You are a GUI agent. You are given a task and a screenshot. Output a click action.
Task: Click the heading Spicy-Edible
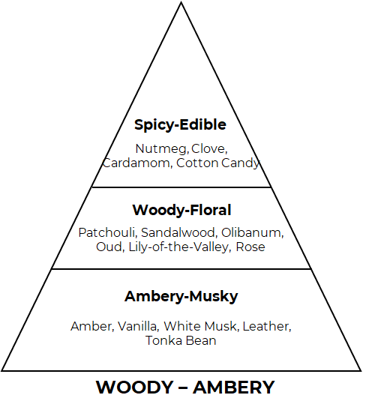click(x=180, y=125)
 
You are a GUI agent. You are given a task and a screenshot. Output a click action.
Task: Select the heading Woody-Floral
click(x=181, y=210)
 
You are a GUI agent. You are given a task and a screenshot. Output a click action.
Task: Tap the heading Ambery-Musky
click(x=181, y=297)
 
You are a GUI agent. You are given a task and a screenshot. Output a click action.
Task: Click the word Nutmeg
click(x=162, y=149)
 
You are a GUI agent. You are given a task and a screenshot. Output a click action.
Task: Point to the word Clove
click(x=209, y=148)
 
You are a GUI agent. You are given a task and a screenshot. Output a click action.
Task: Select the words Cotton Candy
click(x=218, y=163)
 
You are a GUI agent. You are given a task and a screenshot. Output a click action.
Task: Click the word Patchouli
click(x=107, y=232)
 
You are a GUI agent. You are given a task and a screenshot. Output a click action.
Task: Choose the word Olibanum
click(x=253, y=232)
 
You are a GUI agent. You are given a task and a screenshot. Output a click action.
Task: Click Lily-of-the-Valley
click(x=180, y=247)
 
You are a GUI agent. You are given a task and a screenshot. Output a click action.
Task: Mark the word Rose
click(x=250, y=247)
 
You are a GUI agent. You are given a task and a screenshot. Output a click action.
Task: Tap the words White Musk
click(x=201, y=326)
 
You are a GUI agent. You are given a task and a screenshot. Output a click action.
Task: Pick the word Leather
click(x=267, y=326)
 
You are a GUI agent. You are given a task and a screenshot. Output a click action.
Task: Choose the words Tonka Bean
click(x=181, y=341)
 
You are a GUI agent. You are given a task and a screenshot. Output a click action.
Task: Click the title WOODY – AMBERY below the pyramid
click(x=185, y=388)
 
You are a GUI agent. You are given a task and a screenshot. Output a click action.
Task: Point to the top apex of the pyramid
click(x=181, y=2)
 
